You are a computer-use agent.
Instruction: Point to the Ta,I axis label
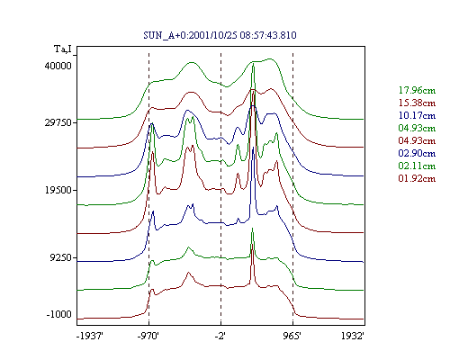point(63,49)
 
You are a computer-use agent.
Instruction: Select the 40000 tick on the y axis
point(58,66)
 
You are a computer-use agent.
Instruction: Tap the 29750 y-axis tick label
point(58,122)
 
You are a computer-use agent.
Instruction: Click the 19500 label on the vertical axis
point(58,190)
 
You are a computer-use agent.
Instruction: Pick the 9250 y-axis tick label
point(61,257)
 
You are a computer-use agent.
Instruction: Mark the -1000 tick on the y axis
point(59,314)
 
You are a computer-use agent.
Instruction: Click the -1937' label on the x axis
point(90,336)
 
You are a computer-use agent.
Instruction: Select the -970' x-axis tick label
point(148,336)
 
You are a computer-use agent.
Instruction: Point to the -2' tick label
point(220,336)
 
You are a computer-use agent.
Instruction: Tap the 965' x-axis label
point(292,336)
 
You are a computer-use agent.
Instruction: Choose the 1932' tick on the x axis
point(353,336)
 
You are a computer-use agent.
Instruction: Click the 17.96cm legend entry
point(417,90)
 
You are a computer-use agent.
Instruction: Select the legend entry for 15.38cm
point(417,103)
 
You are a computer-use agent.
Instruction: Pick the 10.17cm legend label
point(417,115)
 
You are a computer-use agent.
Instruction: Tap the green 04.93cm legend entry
point(417,128)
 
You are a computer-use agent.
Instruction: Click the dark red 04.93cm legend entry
point(417,140)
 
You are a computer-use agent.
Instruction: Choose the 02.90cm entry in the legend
point(417,153)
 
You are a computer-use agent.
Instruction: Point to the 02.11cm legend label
point(417,166)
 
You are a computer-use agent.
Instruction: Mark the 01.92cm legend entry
point(417,178)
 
